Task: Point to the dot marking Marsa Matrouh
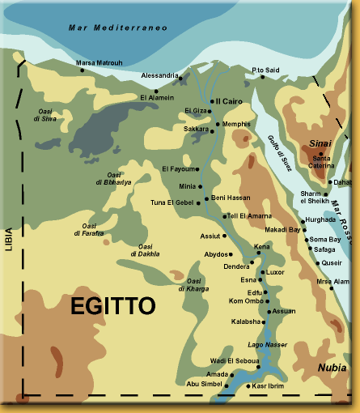(x=82, y=70)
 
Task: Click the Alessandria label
(x=159, y=75)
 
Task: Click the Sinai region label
(x=319, y=142)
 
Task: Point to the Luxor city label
(x=276, y=272)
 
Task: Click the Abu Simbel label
(x=203, y=384)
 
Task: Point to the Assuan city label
(x=284, y=311)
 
